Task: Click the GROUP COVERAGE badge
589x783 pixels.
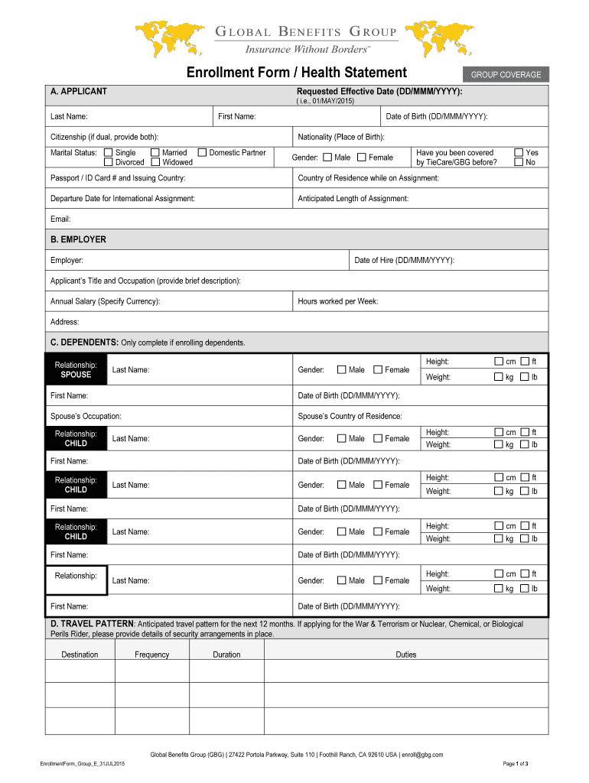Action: (506, 74)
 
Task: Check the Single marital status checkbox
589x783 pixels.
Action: (108, 153)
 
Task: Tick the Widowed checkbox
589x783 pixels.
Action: (155, 162)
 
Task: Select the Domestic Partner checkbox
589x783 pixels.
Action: (202, 153)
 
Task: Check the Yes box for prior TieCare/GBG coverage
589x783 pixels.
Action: (519, 153)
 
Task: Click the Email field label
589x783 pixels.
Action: (60, 219)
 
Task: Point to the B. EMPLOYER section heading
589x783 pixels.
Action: (78, 239)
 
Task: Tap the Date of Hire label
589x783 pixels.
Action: (404, 261)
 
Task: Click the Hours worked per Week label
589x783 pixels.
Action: (337, 301)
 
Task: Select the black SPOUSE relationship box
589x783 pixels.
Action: (76, 370)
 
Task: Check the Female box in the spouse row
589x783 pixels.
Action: (378, 370)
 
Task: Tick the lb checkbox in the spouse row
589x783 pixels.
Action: (525, 377)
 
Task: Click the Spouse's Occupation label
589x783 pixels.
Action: (86, 417)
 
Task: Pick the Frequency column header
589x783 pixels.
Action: (151, 655)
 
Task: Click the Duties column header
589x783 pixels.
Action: (405, 655)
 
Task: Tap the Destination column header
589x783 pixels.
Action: (80, 655)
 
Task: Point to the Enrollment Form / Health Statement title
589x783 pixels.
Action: (297, 73)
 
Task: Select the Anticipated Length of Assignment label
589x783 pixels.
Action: (353, 199)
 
